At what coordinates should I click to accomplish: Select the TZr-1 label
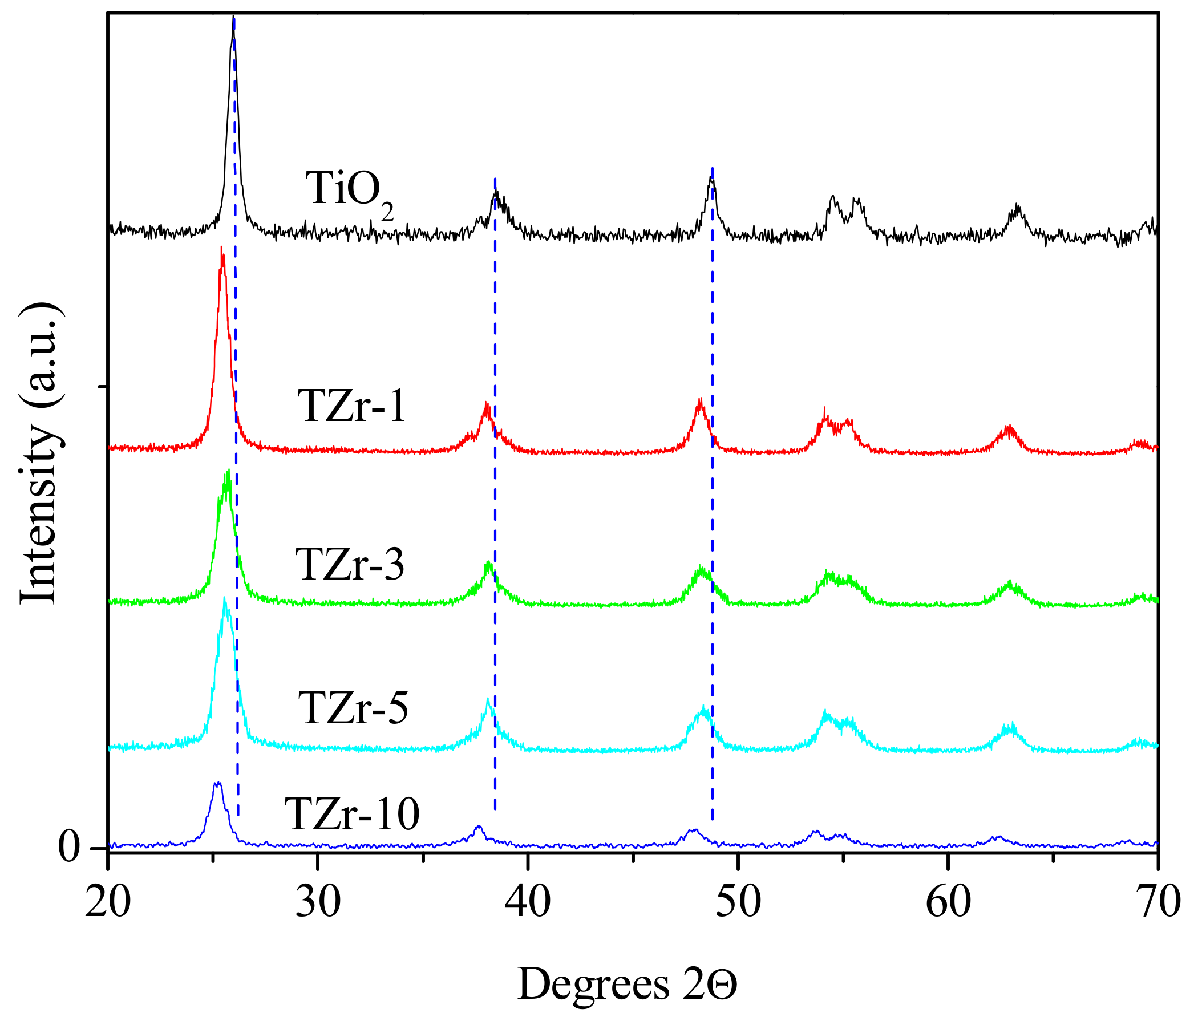(x=352, y=406)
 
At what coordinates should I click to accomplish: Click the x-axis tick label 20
(x=108, y=903)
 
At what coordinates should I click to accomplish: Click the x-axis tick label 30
(x=318, y=903)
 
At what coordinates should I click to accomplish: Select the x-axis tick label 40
(x=528, y=903)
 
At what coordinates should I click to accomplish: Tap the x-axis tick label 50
(x=738, y=903)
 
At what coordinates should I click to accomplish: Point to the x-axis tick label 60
(x=948, y=903)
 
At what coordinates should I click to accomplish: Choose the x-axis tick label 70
(x=1156, y=903)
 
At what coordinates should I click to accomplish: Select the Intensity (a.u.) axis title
(x=39, y=454)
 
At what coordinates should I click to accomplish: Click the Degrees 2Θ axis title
(x=628, y=983)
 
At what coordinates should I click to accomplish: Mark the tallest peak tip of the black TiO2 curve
(x=233, y=17)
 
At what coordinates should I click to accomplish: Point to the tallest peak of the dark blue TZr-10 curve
(x=217, y=783)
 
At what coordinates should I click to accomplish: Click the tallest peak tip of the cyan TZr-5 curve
(x=224, y=599)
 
